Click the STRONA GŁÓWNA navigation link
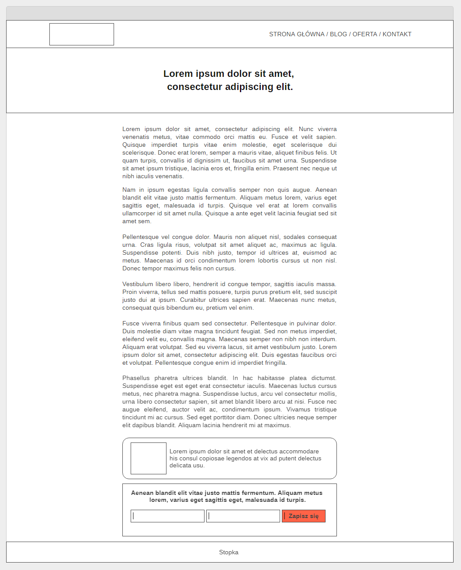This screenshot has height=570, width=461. (297, 34)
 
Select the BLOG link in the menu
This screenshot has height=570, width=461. (338, 34)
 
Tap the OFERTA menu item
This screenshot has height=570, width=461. (365, 34)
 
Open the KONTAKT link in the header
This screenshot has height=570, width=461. (397, 34)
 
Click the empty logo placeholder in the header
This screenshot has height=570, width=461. (82, 34)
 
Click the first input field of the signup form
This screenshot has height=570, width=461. (168, 516)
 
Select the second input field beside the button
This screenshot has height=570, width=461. (243, 516)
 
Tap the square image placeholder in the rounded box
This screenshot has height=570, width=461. (149, 458)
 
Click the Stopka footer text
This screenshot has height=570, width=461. (229, 552)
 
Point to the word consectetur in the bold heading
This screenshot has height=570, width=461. (194, 87)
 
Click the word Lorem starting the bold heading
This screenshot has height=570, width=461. (178, 74)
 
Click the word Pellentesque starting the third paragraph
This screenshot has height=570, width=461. (141, 237)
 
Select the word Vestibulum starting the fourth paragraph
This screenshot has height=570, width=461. (137, 284)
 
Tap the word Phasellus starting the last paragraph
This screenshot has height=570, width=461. (136, 378)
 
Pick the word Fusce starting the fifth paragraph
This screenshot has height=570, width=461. (131, 324)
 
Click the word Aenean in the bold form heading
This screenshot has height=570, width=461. (142, 493)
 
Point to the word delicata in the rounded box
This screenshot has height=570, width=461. (180, 466)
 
